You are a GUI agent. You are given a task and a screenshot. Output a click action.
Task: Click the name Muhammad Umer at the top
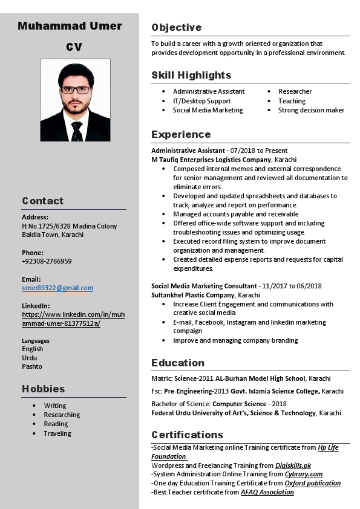(70, 26)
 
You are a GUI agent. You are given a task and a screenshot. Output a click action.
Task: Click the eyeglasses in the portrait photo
(76, 89)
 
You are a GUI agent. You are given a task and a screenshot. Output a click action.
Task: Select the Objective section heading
(176, 28)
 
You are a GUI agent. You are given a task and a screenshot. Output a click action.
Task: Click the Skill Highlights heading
(191, 76)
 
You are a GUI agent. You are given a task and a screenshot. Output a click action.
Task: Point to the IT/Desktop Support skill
(201, 101)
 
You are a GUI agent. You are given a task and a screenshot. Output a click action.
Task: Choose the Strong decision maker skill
(311, 110)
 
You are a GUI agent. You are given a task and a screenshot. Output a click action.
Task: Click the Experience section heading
(181, 135)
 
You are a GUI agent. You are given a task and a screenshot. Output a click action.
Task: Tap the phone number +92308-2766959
(47, 261)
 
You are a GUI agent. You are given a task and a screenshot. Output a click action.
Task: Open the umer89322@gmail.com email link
(57, 288)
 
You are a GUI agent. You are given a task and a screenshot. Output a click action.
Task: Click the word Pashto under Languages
(32, 366)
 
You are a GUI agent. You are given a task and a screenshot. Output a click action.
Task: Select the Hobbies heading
(43, 389)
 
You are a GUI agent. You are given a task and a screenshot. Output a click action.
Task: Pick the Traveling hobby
(57, 433)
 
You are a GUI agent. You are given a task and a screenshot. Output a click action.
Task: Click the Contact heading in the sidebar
(42, 201)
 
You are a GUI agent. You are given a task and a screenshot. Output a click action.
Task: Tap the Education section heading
(178, 363)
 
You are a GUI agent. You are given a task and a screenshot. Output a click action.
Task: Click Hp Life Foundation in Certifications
(328, 448)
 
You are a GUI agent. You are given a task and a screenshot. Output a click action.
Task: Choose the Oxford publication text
(313, 483)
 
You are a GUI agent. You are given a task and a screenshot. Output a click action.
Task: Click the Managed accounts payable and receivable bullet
(235, 214)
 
